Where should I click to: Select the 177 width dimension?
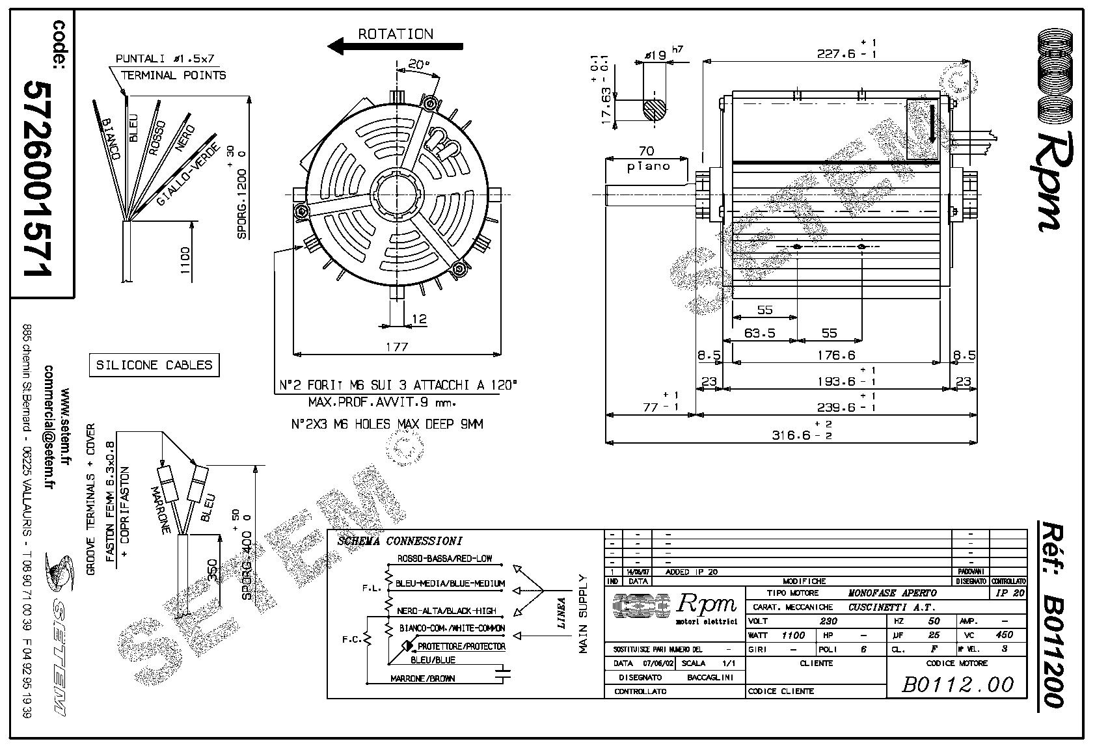[x=397, y=347]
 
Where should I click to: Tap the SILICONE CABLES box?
[x=154, y=365]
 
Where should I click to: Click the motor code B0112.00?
[x=958, y=684]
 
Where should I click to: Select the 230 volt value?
[x=828, y=621]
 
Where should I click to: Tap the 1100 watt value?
[x=792, y=635]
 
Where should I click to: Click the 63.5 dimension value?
[x=759, y=333]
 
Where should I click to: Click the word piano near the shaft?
[x=648, y=166]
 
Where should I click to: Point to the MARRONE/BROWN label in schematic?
[x=423, y=678]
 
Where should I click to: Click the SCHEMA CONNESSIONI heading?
[x=400, y=541]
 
